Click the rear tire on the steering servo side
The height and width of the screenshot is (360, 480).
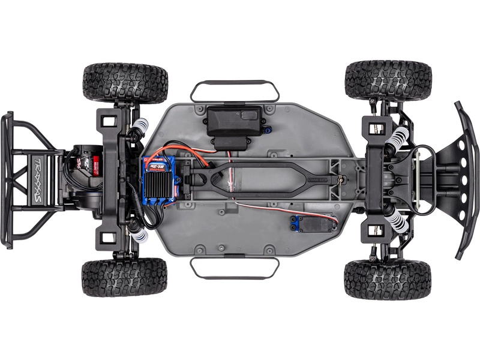tap(125, 277)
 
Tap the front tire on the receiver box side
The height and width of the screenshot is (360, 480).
tap(388, 80)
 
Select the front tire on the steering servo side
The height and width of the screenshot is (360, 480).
tap(388, 279)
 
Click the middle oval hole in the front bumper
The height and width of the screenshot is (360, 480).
tap(464, 179)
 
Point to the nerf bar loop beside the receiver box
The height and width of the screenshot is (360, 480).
tap(235, 90)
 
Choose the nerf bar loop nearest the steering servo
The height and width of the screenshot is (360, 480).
tap(235, 268)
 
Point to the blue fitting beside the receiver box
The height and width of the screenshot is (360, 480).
tap(272, 128)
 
